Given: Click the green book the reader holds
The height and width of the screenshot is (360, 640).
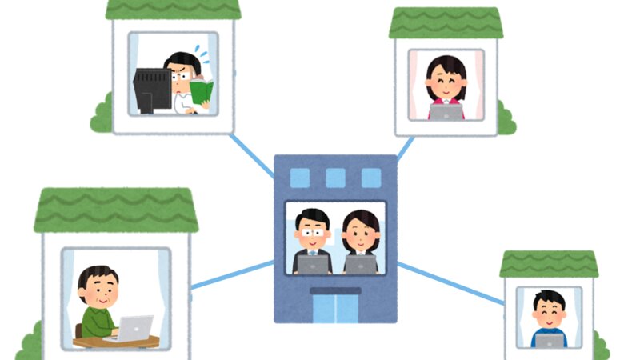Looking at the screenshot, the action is pyautogui.click(x=202, y=92).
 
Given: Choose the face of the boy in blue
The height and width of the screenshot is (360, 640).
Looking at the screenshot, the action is pyautogui.click(x=550, y=313).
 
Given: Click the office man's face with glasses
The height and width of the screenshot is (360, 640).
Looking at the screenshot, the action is pyautogui.click(x=312, y=230).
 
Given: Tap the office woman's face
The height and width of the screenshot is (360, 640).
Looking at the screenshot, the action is pyautogui.click(x=360, y=233).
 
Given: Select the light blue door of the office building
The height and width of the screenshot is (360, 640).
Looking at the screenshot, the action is pyautogui.click(x=336, y=309).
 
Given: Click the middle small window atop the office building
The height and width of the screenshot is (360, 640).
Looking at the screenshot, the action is pyautogui.click(x=336, y=178).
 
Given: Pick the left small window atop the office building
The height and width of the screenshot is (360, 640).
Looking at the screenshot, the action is pyautogui.click(x=300, y=178).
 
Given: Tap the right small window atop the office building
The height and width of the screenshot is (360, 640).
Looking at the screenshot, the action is pyautogui.click(x=371, y=178).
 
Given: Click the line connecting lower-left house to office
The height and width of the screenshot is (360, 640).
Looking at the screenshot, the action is pyautogui.click(x=232, y=274).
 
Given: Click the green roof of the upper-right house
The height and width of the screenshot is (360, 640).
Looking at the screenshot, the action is pyautogui.click(x=446, y=24).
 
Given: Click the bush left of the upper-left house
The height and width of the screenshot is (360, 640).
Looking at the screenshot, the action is pyautogui.click(x=101, y=116).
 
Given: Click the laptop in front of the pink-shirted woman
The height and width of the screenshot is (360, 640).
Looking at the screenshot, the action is pyautogui.click(x=446, y=112).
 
